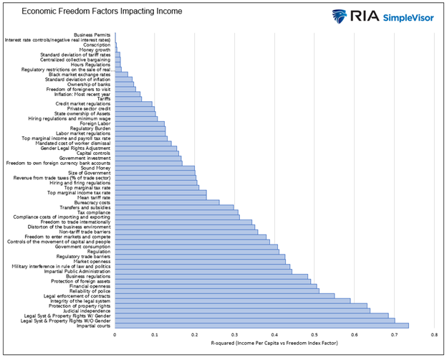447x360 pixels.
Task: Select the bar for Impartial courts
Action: [261, 326]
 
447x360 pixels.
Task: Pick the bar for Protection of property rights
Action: [241, 305]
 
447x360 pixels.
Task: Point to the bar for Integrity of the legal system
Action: [233, 300]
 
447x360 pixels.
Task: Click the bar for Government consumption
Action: [196, 246]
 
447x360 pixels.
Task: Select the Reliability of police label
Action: [90, 290]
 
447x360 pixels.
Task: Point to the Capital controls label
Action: [94, 153]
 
